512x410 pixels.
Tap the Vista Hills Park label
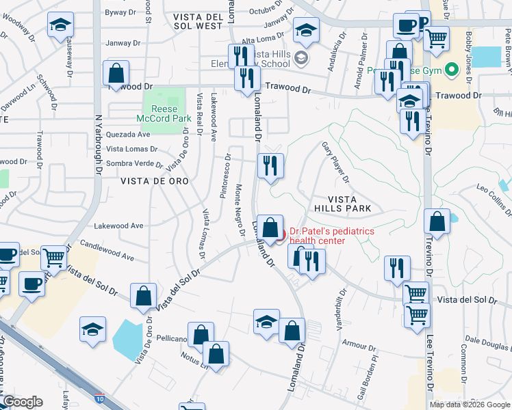click(342, 203)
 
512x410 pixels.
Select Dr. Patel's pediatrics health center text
click(332, 236)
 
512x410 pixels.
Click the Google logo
click(23, 402)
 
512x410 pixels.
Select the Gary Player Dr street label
click(336, 163)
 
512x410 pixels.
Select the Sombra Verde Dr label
click(134, 163)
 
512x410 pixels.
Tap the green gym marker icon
click(451, 70)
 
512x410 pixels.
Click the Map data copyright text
click(470, 405)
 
